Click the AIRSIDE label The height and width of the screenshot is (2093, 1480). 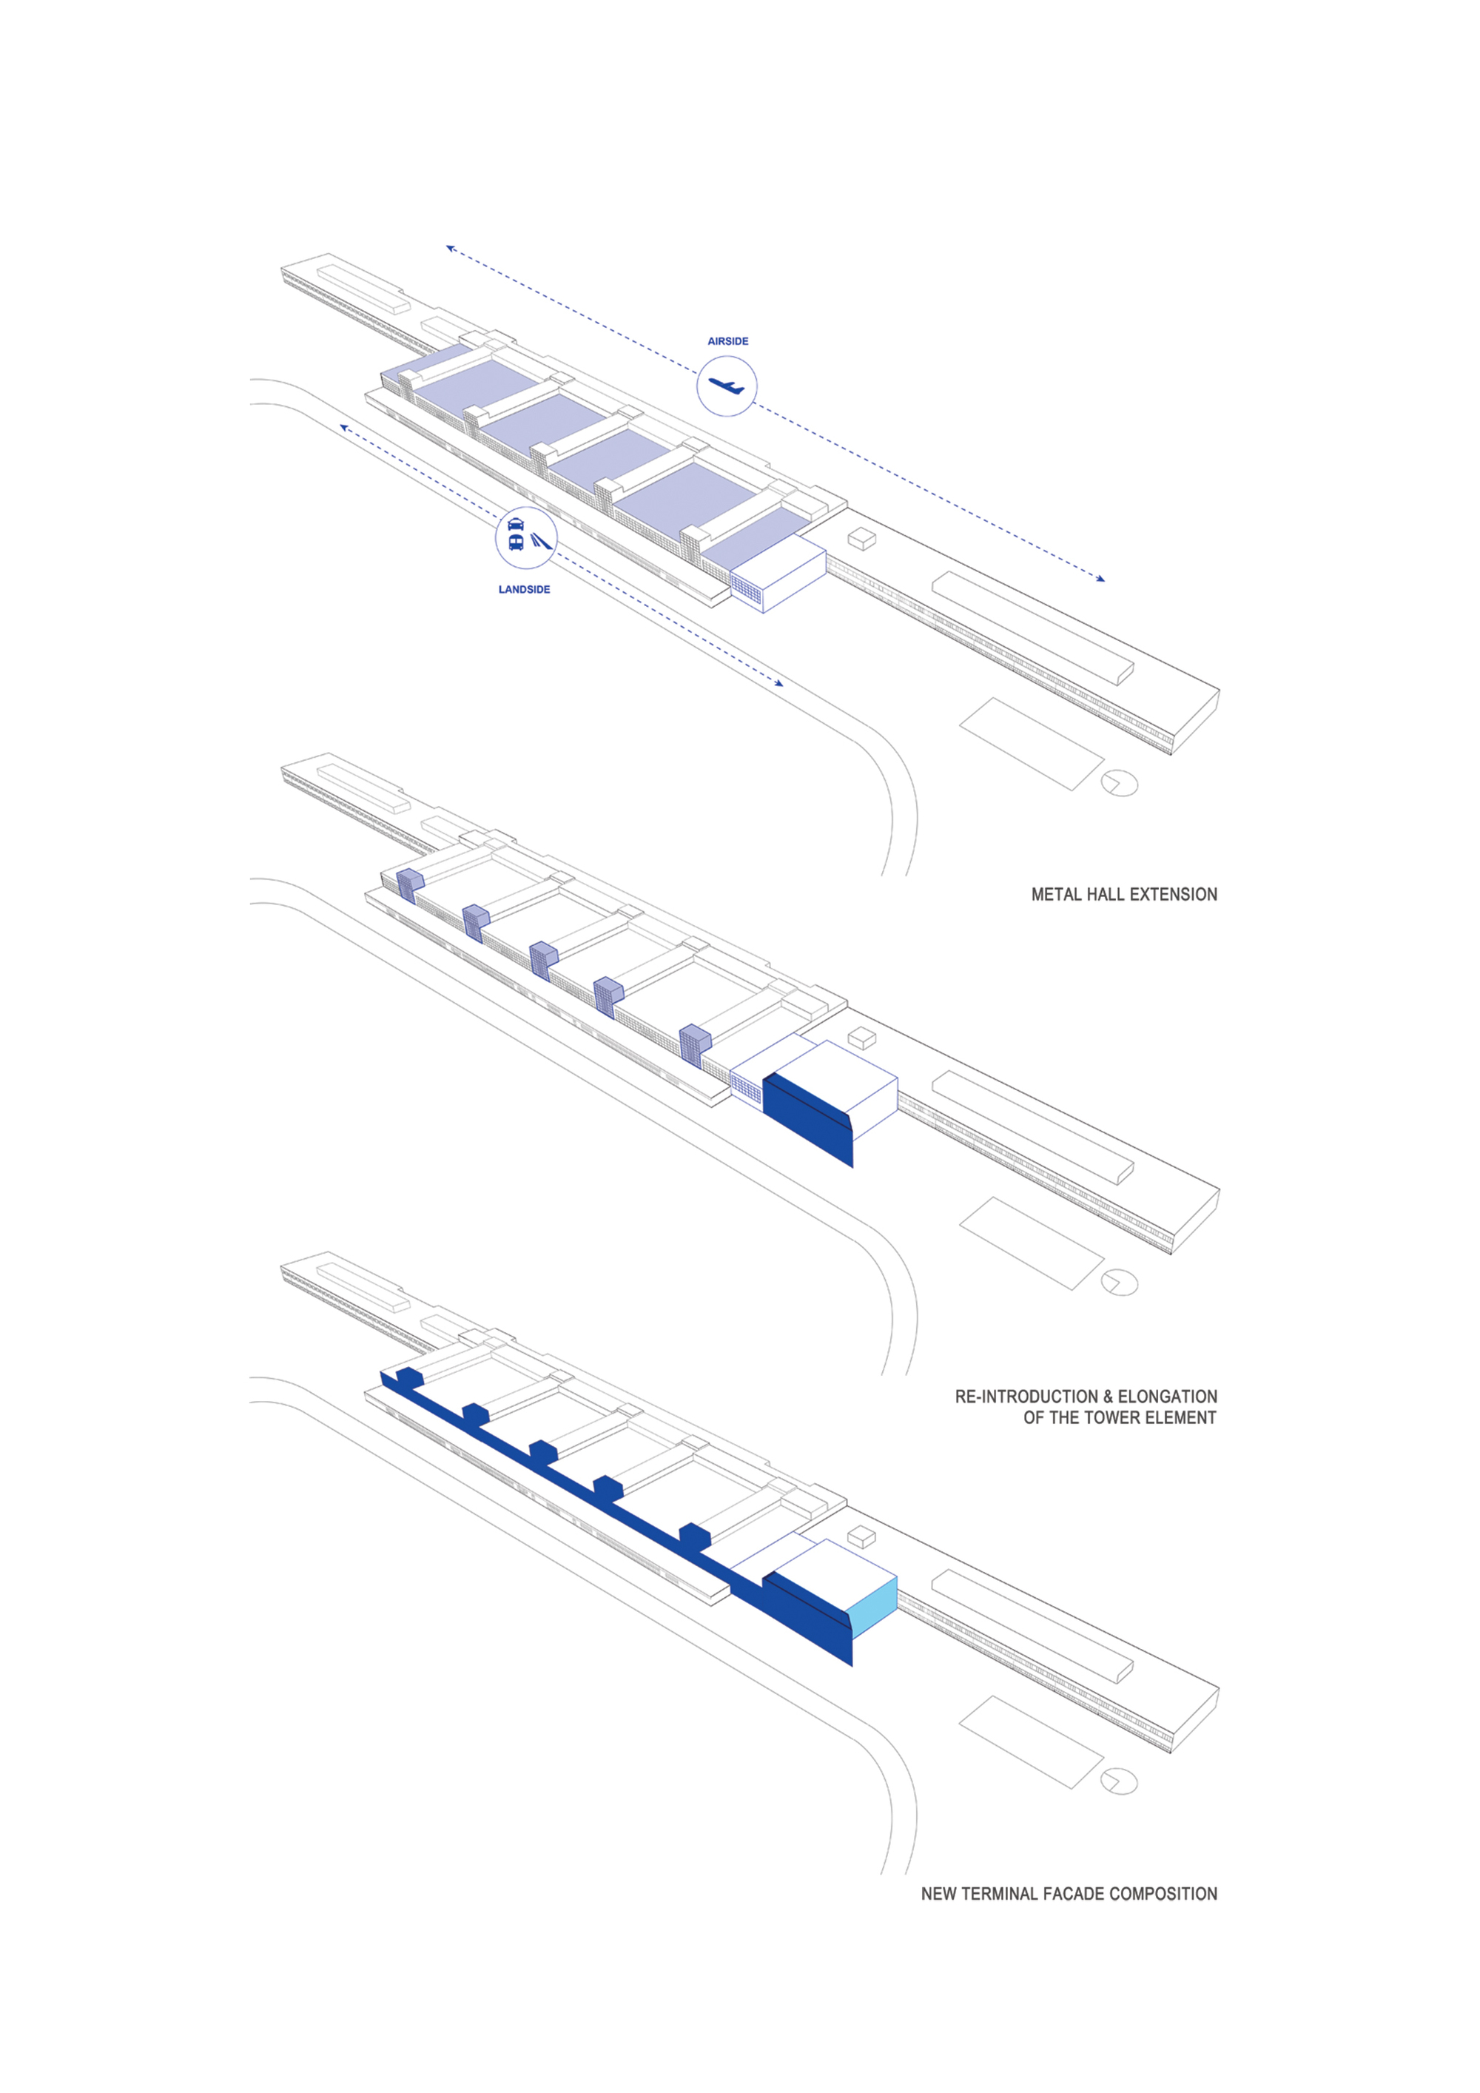coord(727,341)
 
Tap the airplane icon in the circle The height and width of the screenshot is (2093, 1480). coord(727,386)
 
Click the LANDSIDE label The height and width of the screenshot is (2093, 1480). coord(524,590)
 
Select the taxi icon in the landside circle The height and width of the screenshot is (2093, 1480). coord(516,524)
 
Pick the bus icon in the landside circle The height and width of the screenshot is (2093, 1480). coord(516,542)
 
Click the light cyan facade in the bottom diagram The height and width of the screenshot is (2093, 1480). coord(872,1606)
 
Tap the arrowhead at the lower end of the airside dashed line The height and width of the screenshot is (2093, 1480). coord(1101,579)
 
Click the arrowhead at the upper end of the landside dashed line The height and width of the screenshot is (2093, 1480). coord(343,426)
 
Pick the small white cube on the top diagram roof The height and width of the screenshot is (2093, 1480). coord(862,540)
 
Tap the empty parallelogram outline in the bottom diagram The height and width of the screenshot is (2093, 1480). coord(1031,1743)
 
